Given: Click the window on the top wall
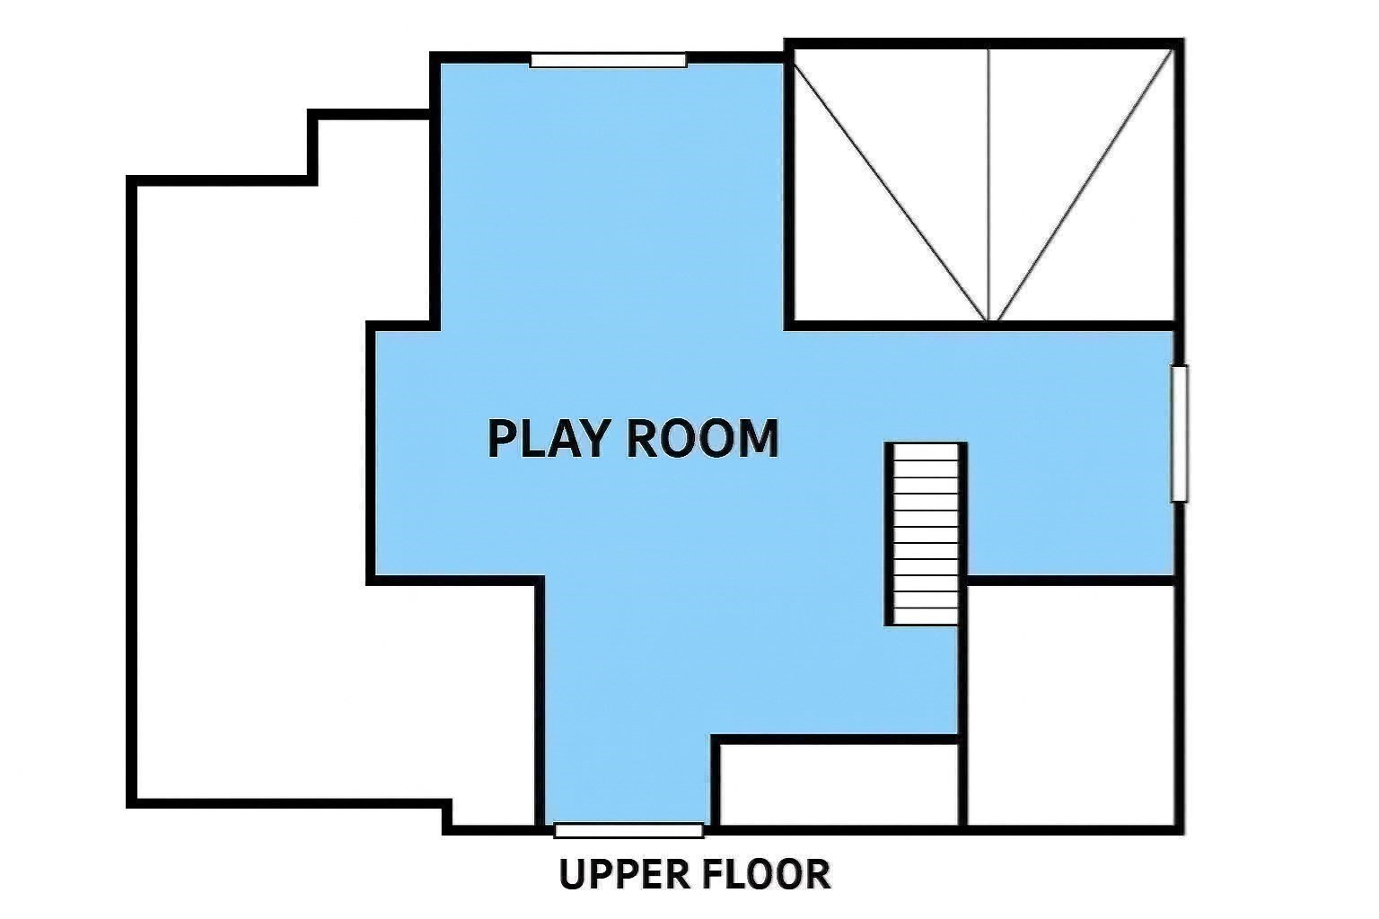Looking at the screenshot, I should tap(608, 60).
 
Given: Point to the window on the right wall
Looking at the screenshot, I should tap(1180, 433).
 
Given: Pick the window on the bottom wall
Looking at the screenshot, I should tap(628, 830).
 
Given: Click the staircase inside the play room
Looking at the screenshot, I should tap(925, 534).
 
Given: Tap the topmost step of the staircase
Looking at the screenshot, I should tap(925, 452).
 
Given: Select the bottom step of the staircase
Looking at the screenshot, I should tap(925, 615).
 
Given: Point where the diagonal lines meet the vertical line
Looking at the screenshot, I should tap(988, 320).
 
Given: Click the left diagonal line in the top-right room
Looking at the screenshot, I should tap(889, 184).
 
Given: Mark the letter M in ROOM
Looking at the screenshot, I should tap(755, 439).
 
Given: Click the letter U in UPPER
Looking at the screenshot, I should tap(573, 874).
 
